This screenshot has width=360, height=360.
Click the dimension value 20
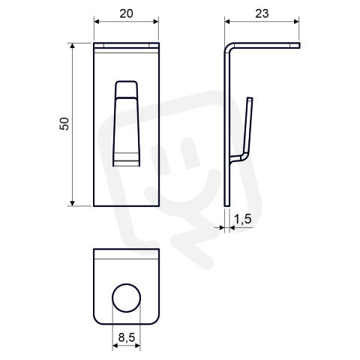point(126,13)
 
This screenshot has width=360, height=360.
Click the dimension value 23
point(262,13)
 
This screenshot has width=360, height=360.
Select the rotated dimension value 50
point(64,124)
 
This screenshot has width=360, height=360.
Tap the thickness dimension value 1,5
point(242,219)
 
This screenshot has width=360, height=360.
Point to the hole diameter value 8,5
point(127,337)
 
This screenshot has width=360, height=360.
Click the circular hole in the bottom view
point(126,298)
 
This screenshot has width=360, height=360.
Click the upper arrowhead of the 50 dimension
point(72,46)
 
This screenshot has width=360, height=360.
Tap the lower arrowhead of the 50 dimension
point(72,203)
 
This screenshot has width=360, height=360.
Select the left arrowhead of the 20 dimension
point(97,22)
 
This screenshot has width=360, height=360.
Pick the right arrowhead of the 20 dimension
point(155,22)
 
